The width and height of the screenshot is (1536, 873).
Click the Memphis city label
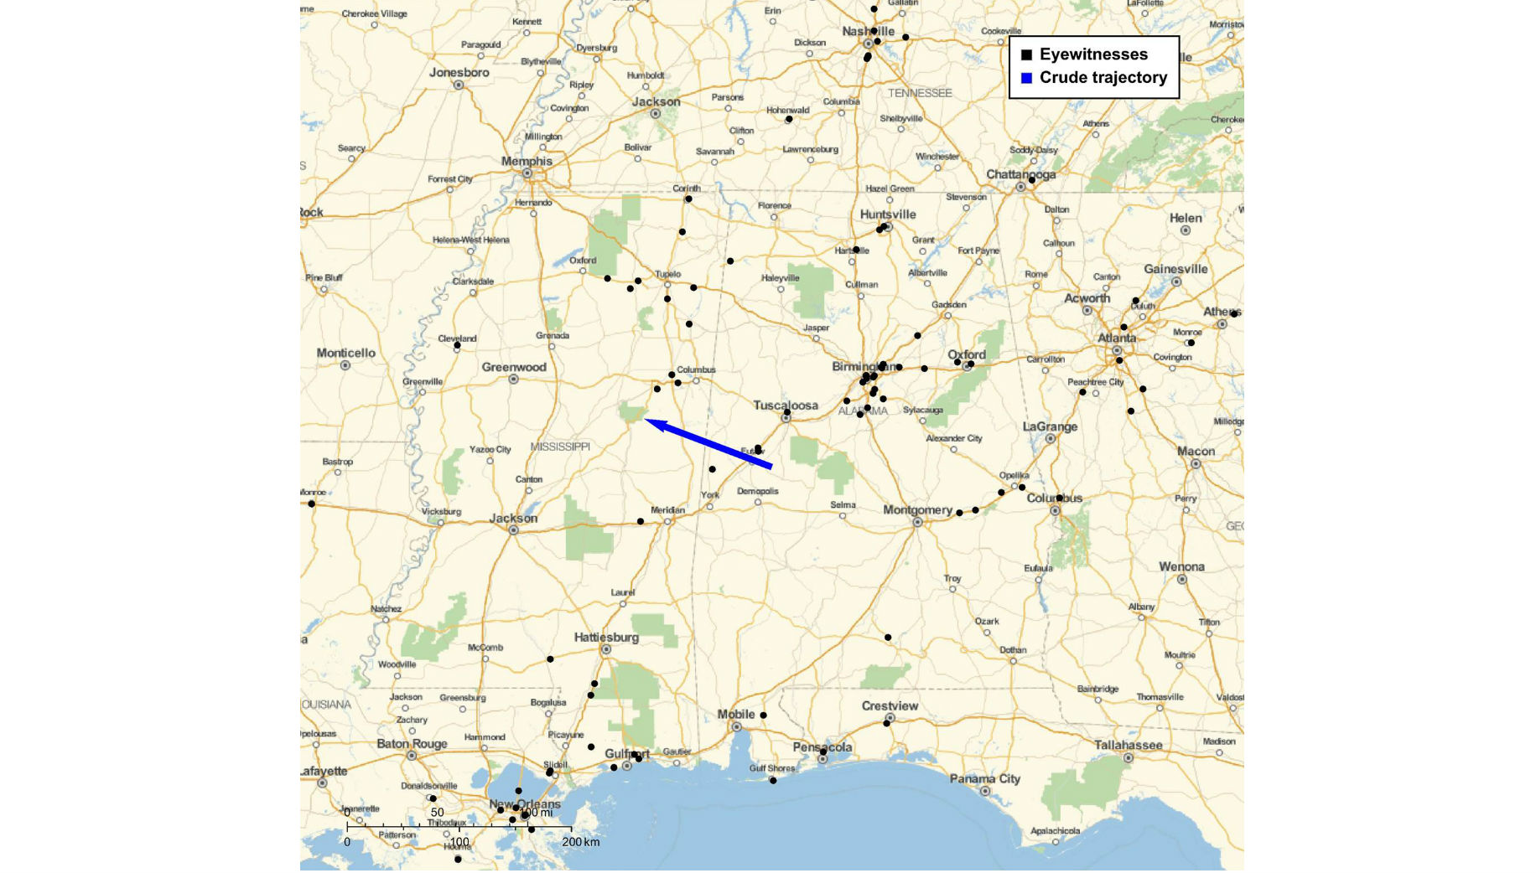[527, 161]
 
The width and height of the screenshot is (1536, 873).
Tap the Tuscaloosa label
[785, 406]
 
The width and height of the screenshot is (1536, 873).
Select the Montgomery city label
[917, 509]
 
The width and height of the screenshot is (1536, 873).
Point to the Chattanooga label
[1020, 174]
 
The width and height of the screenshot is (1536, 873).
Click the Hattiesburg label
[606, 638]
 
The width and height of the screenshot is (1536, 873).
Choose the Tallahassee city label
[1128, 745]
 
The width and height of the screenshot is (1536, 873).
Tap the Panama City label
[984, 778]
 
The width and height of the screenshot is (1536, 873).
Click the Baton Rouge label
[412, 743]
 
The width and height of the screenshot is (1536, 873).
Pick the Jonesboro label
[459, 72]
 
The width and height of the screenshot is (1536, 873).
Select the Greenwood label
[513, 367]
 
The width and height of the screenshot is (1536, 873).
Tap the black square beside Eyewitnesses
[1026, 55]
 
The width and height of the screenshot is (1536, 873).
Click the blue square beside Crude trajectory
[1026, 79]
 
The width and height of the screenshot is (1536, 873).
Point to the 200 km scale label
[580, 842]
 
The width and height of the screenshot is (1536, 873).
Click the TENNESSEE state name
[920, 93]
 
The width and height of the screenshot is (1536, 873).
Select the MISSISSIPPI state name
[560, 447]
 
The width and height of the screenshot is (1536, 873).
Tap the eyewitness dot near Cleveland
[457, 345]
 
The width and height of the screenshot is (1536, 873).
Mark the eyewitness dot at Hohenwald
[789, 119]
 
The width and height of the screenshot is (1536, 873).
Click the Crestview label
[890, 705]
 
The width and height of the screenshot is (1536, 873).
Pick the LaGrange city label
[1050, 426]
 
